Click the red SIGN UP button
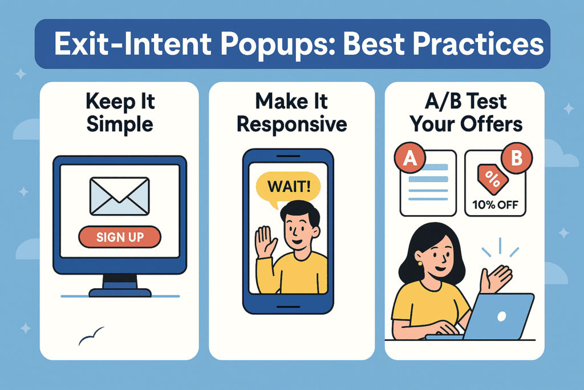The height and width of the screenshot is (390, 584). click(x=120, y=236)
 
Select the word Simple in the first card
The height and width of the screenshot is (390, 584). click(x=119, y=124)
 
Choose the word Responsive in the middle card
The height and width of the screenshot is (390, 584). click(x=291, y=124)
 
